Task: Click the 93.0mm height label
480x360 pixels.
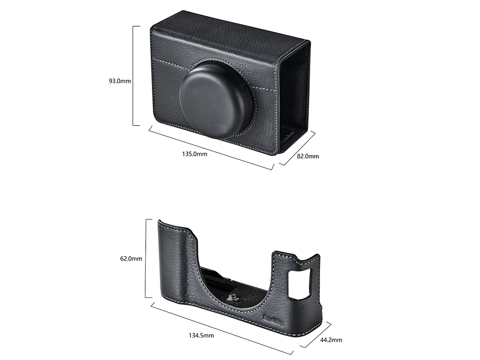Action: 120,81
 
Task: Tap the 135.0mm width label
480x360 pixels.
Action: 195,154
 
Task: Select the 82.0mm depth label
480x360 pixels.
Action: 308,156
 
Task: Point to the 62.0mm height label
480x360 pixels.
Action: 131,259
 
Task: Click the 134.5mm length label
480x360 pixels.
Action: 201,336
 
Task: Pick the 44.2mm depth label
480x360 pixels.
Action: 331,340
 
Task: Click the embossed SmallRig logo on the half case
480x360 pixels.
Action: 273,320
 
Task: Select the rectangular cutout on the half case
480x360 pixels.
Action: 300,283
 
